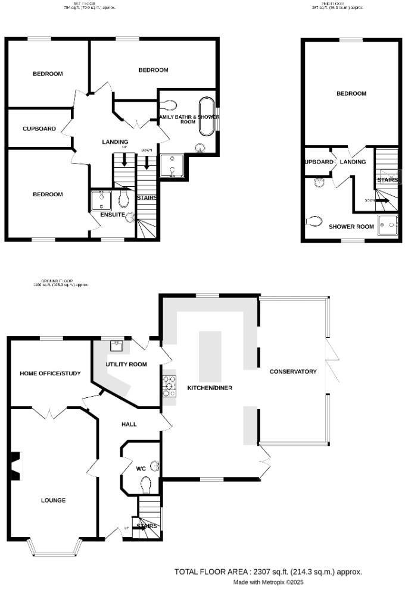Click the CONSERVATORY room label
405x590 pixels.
click(292, 372)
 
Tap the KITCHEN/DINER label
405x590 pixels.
click(210, 388)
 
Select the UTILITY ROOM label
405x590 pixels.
click(126, 364)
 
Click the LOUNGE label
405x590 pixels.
click(53, 500)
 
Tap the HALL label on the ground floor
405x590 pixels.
click(129, 424)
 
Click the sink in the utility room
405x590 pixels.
click(117, 343)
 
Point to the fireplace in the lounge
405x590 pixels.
click(15, 465)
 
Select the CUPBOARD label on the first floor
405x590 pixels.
click(39, 128)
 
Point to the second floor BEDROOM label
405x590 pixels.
click(351, 93)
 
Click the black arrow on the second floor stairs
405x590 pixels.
click(382, 200)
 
